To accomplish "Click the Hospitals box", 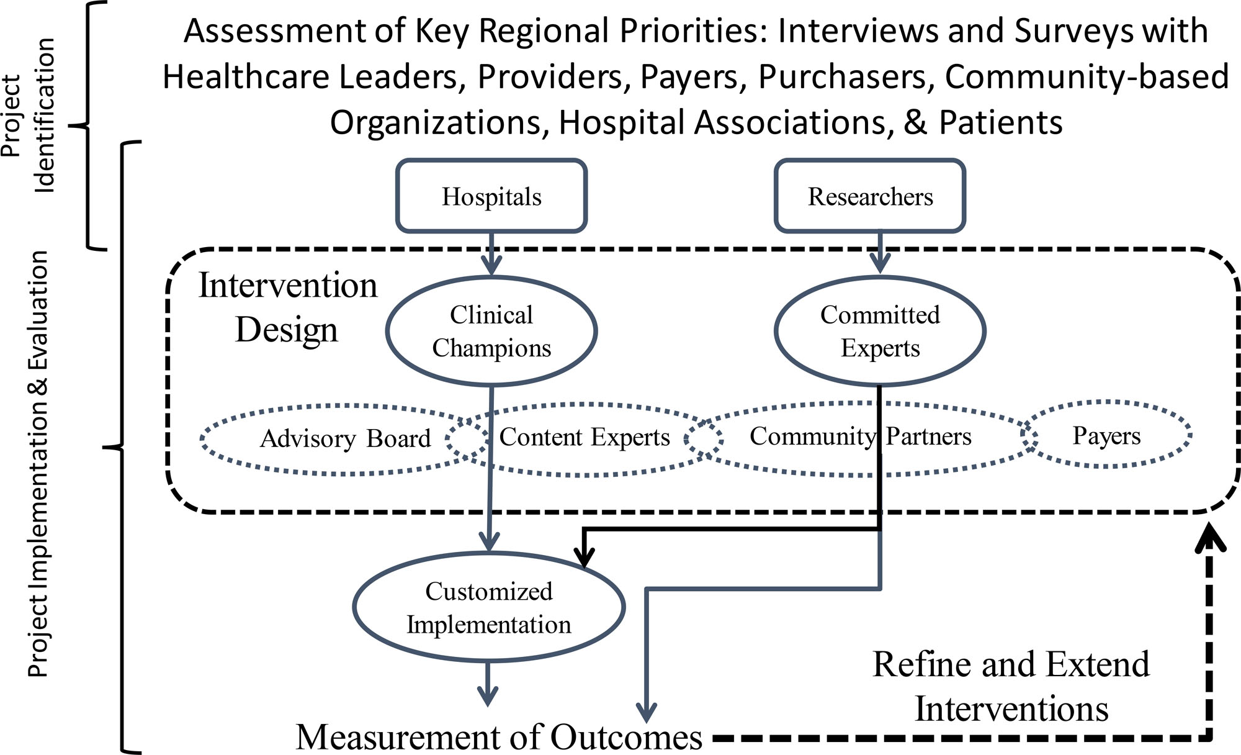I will [x=491, y=196].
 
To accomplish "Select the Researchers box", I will [x=870, y=196].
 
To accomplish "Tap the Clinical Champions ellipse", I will [x=491, y=331].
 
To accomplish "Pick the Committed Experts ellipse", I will [x=880, y=331].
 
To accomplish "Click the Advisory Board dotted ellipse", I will [x=344, y=439].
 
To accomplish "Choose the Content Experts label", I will [x=585, y=437].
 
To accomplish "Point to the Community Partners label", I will [x=860, y=436].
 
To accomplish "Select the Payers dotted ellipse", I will [x=1106, y=435].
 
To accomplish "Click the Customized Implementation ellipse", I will [x=489, y=607].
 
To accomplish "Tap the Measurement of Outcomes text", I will [x=500, y=737].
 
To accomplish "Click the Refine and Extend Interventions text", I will [x=1011, y=686].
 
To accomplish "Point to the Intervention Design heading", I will [x=287, y=307].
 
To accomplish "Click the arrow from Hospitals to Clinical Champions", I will [x=491, y=255].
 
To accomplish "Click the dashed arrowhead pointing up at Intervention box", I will [x=1210, y=538].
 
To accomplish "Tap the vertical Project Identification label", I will [x=28, y=115].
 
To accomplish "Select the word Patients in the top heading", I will [x=1000, y=122].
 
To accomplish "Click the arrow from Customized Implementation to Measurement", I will [x=488, y=685].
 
